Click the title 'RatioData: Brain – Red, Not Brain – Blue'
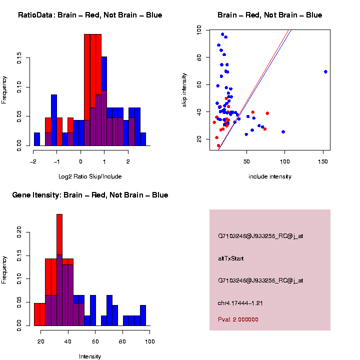tap(90, 15)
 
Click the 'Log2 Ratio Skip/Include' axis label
tap(90, 176)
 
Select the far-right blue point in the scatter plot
tap(325, 71)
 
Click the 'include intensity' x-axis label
tap(270, 176)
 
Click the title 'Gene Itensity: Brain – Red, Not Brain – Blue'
tap(90, 195)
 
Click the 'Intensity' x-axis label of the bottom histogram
tap(90, 356)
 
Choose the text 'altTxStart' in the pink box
tap(231, 258)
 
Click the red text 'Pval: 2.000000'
tap(238, 319)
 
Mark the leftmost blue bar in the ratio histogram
tap(36, 139)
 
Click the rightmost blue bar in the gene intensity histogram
tap(143, 315)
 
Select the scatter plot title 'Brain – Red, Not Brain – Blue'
tap(270, 15)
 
